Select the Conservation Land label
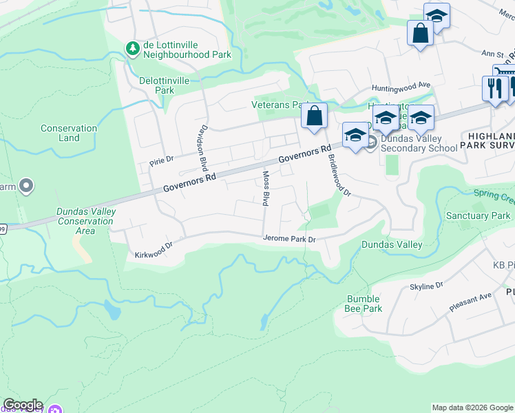coord(69,133)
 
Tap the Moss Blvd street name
coord(264,188)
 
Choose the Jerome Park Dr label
coord(288,239)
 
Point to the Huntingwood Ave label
coord(401,87)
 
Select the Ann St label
coord(473,53)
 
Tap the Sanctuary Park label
coord(478,216)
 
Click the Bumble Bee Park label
coord(363,304)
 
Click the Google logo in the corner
coord(23,405)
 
